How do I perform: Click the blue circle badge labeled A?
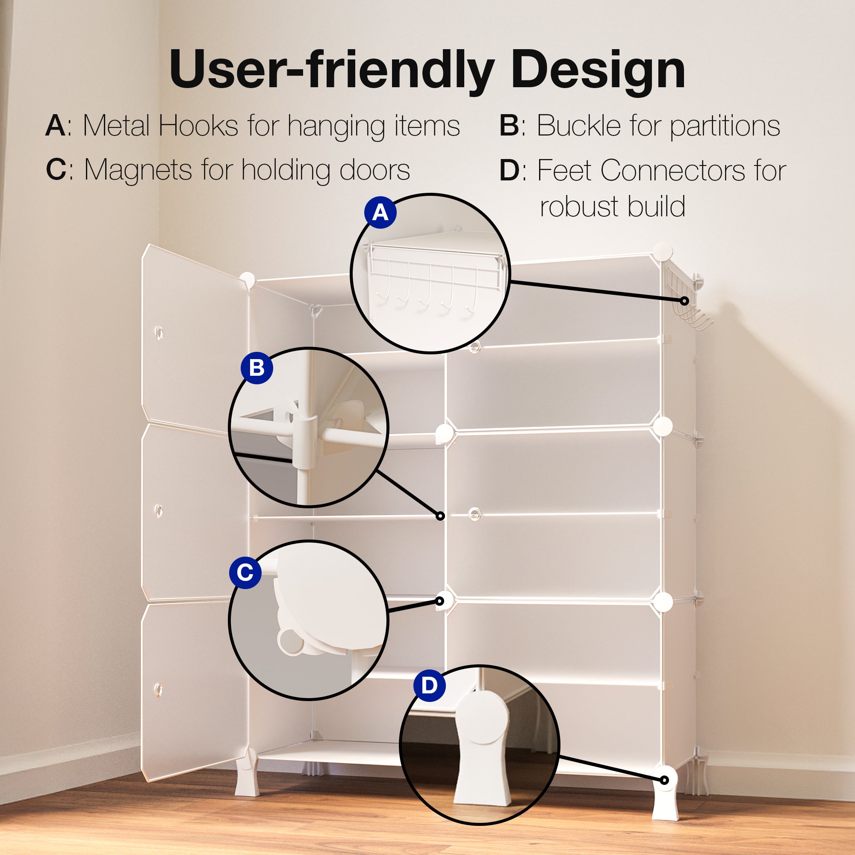[380, 212]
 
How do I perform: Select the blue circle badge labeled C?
[245, 573]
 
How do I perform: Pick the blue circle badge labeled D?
[429, 686]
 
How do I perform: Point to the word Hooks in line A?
[199, 126]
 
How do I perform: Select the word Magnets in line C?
[138, 171]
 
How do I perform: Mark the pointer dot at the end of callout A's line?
[684, 301]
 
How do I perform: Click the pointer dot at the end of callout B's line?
[440, 516]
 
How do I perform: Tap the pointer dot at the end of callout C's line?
[439, 601]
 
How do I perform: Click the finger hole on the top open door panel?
[159, 332]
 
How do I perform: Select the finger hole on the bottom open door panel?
[159, 690]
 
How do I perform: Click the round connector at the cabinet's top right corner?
[663, 251]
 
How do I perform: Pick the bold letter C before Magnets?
[56, 170]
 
